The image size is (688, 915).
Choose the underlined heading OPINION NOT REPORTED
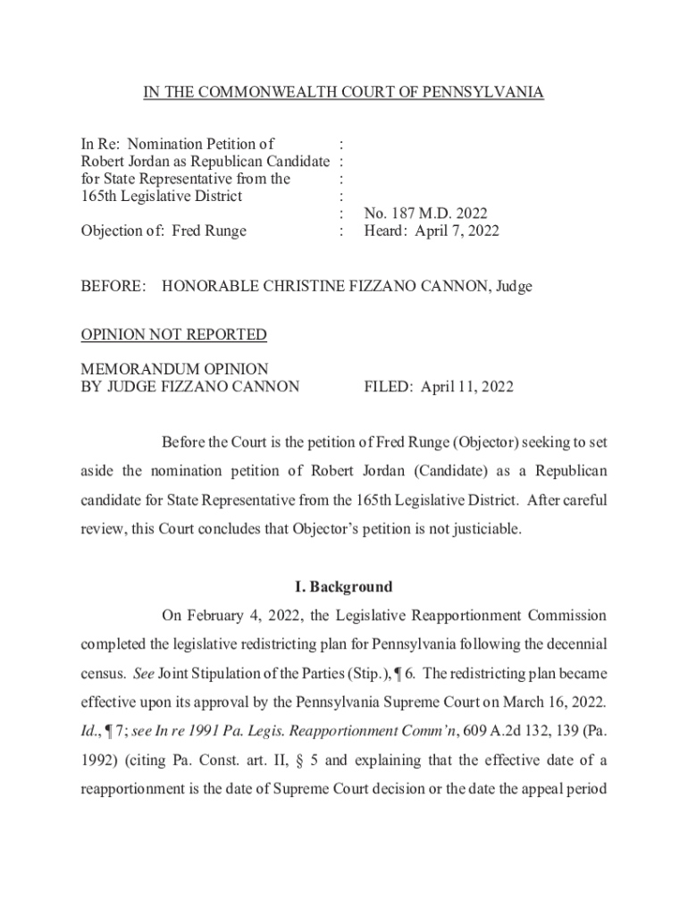(173, 335)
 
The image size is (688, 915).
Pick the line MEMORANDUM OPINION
(174, 369)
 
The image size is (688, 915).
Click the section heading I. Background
(343, 587)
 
